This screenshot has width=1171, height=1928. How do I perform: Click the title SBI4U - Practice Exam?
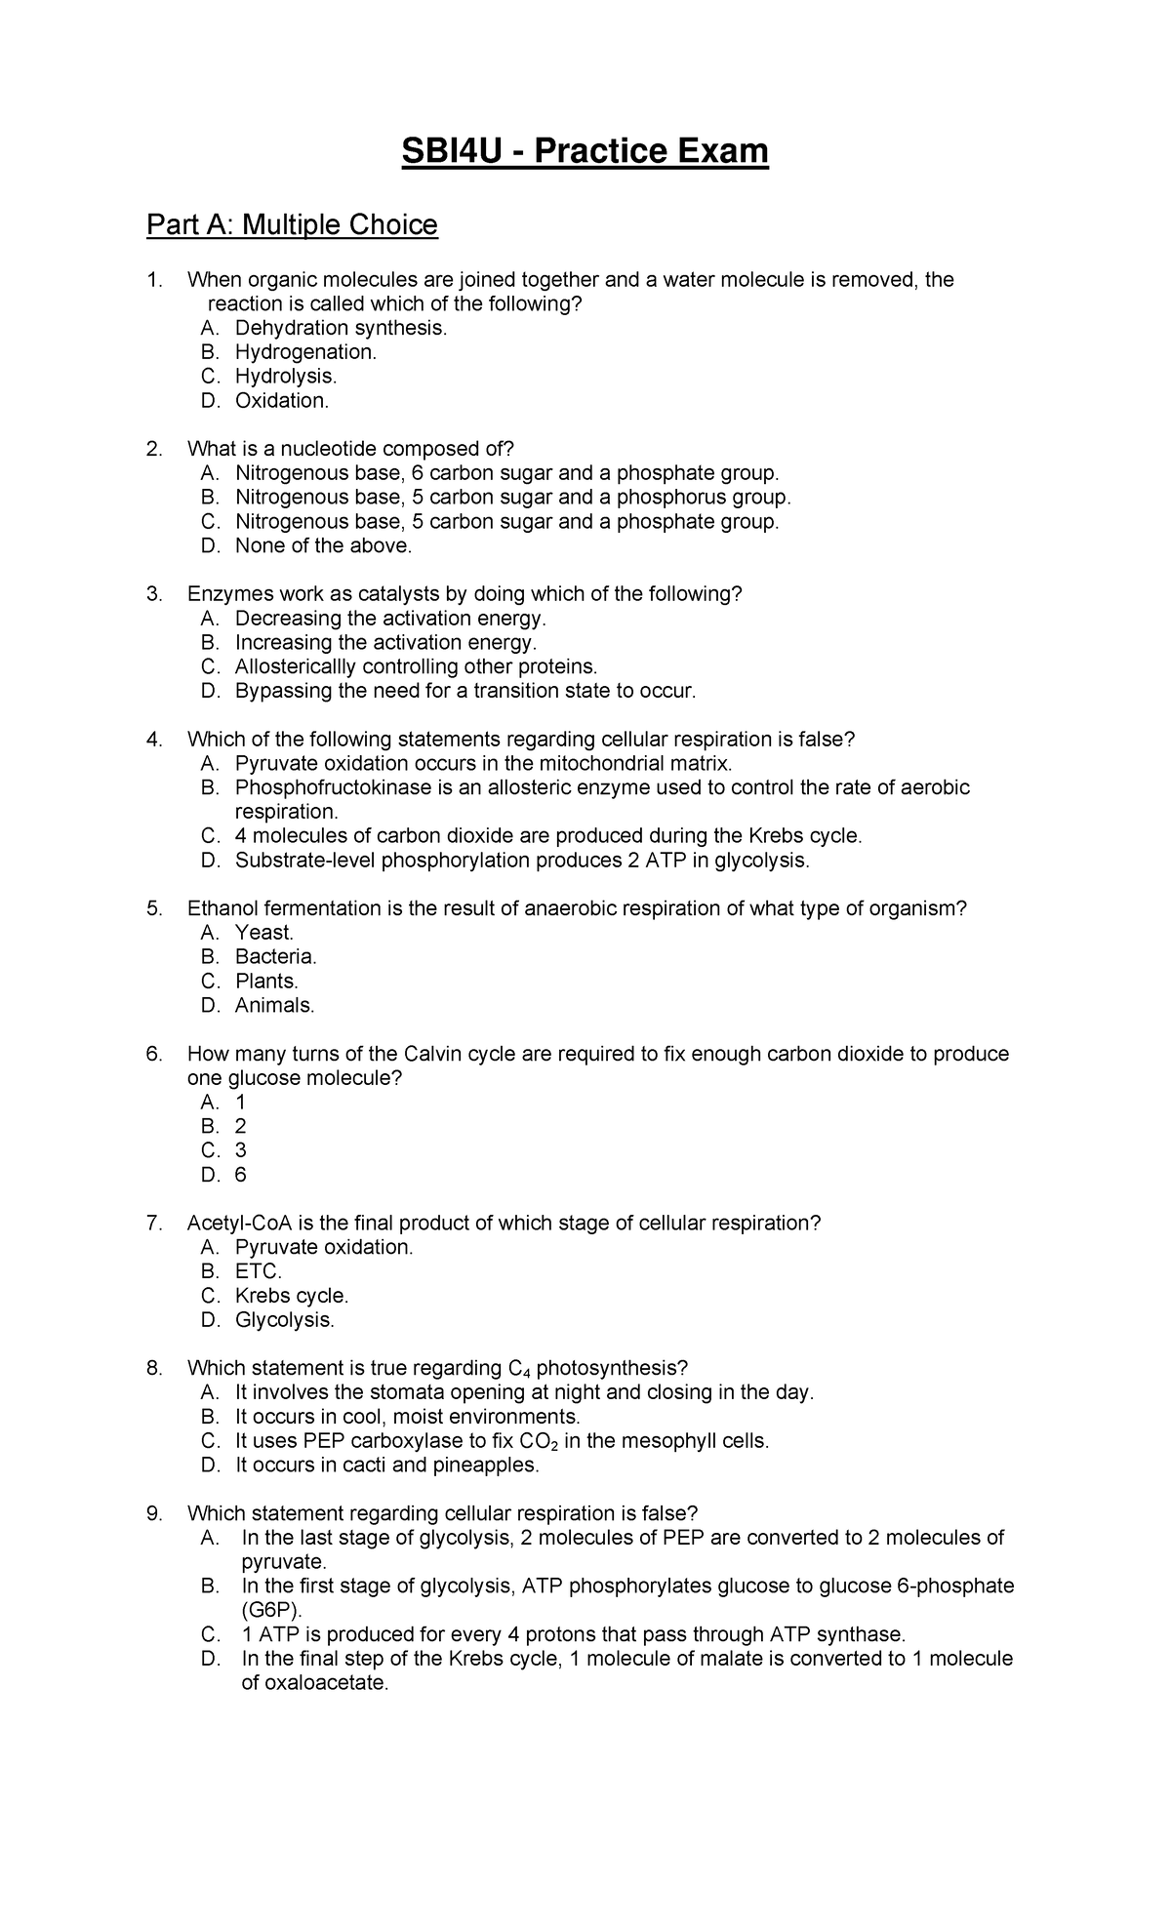(585, 152)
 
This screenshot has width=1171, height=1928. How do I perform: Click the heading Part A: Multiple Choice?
(292, 225)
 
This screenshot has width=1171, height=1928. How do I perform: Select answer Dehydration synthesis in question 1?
(341, 328)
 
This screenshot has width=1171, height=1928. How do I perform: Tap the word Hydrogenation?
(304, 352)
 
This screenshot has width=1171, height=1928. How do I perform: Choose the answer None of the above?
(323, 545)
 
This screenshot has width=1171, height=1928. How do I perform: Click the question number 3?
(152, 594)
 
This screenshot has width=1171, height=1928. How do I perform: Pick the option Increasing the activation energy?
(385, 642)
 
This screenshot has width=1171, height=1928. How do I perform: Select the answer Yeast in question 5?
(263, 933)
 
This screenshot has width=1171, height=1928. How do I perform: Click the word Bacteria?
(275, 956)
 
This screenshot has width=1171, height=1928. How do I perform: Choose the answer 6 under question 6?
(240, 1175)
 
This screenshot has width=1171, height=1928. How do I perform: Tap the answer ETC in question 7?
(258, 1271)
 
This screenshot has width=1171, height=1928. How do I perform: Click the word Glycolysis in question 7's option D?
(284, 1320)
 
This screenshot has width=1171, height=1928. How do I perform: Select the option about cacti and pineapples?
(386, 1465)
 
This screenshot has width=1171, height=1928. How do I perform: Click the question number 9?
(152, 1513)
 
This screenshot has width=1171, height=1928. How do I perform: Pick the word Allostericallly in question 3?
(296, 666)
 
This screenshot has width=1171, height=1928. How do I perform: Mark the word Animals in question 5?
(274, 1005)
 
